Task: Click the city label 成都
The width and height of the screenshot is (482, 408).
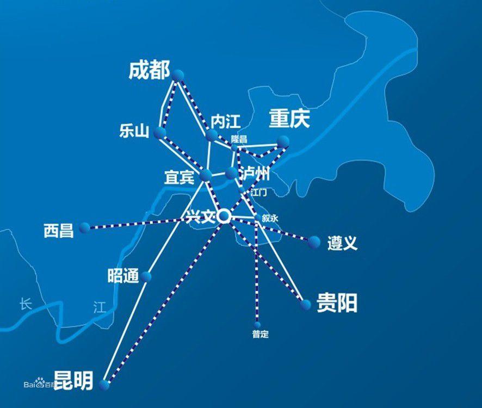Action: coord(150,71)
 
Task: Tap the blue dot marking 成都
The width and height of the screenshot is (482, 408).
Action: coord(178,75)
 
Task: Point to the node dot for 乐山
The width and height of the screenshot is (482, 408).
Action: coord(160,133)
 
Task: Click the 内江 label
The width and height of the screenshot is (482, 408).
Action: coord(225,121)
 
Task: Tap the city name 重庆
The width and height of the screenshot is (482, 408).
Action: coord(289,119)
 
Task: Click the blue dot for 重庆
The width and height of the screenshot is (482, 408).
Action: coord(282,141)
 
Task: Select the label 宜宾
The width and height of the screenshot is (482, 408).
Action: coord(179,177)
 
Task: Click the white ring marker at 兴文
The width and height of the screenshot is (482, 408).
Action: coord(224,217)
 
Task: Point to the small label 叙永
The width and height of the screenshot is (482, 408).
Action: coord(270,218)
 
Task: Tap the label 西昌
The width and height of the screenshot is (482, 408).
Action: coord(58,231)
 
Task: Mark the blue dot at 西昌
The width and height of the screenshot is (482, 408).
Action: coord(84,228)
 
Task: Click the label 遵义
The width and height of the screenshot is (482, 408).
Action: coord(342,243)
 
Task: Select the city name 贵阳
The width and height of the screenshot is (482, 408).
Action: coord(337,304)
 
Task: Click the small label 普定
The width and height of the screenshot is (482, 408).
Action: coord(260,335)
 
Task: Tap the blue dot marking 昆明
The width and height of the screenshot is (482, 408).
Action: coord(105,384)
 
